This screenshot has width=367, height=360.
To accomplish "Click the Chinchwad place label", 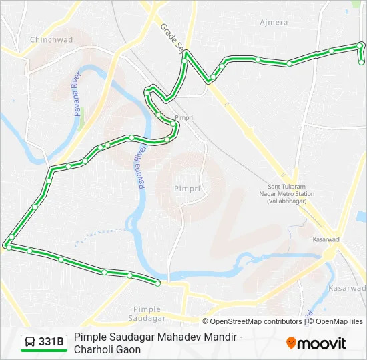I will click(x=51, y=39).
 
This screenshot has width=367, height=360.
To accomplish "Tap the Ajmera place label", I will click(x=273, y=22).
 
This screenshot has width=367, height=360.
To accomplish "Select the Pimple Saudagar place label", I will click(x=147, y=313).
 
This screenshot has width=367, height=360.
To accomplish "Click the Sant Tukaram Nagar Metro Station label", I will click(x=291, y=193).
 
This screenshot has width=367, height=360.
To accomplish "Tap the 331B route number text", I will click(x=51, y=342).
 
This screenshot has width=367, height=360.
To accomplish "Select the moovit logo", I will click(x=316, y=343).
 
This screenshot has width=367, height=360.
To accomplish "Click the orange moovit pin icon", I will click(x=291, y=343).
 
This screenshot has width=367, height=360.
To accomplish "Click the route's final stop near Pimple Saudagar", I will click(x=158, y=283).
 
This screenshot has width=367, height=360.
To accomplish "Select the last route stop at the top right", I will click(x=362, y=62).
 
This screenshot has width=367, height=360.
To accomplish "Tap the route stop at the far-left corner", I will click(x=7, y=246).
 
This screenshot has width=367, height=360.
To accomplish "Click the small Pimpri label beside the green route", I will click(x=183, y=117).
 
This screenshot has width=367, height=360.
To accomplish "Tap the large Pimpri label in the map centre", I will click(x=187, y=189).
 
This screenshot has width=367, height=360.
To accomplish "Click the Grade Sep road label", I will click(x=172, y=37).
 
